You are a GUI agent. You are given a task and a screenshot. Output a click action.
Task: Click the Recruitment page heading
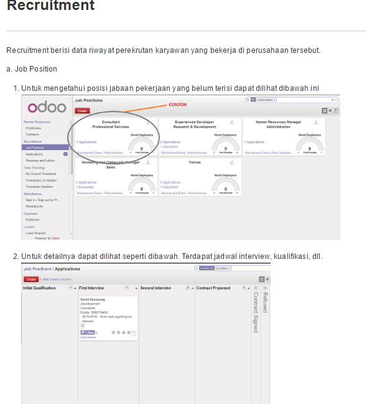[50, 6]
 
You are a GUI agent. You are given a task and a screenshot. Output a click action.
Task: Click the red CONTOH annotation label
[177, 105]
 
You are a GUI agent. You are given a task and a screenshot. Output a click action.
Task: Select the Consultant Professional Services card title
[111, 124]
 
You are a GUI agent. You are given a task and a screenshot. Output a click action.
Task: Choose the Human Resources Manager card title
[278, 124]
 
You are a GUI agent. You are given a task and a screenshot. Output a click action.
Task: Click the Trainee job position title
[194, 162]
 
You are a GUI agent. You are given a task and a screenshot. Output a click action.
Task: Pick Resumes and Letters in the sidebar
[40, 160]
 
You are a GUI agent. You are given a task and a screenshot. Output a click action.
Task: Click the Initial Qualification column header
[39, 288]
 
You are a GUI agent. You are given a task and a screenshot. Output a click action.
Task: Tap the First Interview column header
[91, 288]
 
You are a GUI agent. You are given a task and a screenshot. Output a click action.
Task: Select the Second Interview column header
[156, 288]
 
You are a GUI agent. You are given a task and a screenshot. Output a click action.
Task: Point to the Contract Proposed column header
[213, 288]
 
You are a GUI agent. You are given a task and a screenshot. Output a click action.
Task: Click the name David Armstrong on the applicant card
[94, 299]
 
